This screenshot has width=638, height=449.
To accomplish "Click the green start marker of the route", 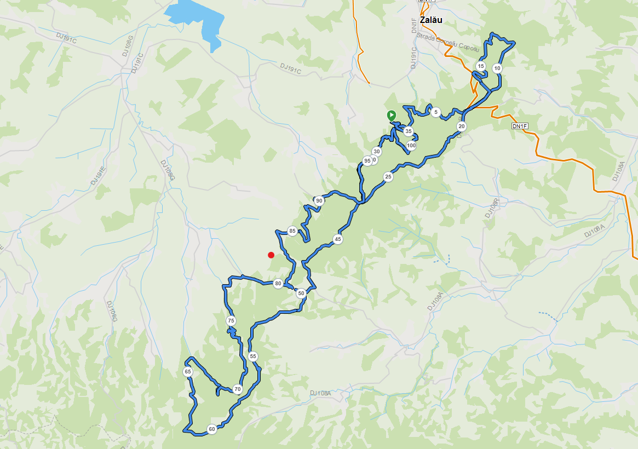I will pyautogui.click(x=391, y=115).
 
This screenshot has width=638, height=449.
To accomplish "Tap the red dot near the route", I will pyautogui.click(x=271, y=255).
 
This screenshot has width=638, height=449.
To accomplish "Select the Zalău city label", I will pyautogui.click(x=430, y=20).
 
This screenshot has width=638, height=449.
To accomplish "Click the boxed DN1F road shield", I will pyautogui.click(x=519, y=126).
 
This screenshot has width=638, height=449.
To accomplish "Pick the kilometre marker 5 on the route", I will pyautogui.click(x=435, y=112).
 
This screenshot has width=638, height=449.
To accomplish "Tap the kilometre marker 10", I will pyautogui.click(x=497, y=68).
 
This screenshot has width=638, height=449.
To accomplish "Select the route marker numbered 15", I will pyautogui.click(x=480, y=66).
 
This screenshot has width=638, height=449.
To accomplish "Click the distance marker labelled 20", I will pyautogui.click(x=462, y=126).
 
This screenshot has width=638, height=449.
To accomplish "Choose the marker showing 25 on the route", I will pyautogui.click(x=388, y=177).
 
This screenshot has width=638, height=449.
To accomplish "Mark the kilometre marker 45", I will pyautogui.click(x=338, y=239).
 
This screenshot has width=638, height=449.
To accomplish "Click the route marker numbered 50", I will pyautogui.click(x=301, y=293).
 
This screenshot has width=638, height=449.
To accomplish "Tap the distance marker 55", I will pyautogui.click(x=252, y=356).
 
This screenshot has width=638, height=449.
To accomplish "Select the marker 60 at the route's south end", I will pyautogui.click(x=211, y=429).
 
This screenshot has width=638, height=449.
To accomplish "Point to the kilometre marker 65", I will pyautogui.click(x=188, y=372).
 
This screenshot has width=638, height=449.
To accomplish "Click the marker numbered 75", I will pyautogui.click(x=231, y=321).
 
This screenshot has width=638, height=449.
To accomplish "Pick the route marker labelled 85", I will pyautogui.click(x=292, y=231).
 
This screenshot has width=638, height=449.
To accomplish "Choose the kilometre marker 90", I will pyautogui.click(x=319, y=201).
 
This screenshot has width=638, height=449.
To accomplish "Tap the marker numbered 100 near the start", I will pyautogui.click(x=411, y=146).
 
